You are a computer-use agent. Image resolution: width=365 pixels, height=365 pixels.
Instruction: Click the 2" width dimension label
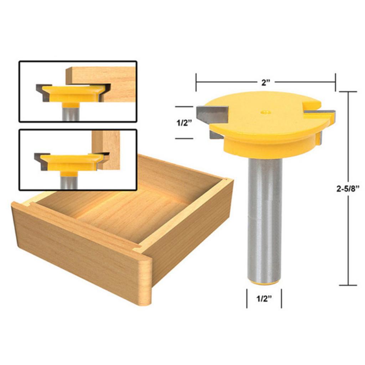266,82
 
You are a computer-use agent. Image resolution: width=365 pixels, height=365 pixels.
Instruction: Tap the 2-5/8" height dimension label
348,189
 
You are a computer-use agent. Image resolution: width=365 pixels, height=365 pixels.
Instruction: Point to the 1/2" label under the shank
264,299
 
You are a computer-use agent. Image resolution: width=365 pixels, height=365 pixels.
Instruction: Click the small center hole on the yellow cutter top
266,112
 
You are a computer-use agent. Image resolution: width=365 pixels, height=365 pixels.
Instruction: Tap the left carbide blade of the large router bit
212,114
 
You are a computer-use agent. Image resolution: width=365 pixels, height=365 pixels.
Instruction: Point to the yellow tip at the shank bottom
265,283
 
